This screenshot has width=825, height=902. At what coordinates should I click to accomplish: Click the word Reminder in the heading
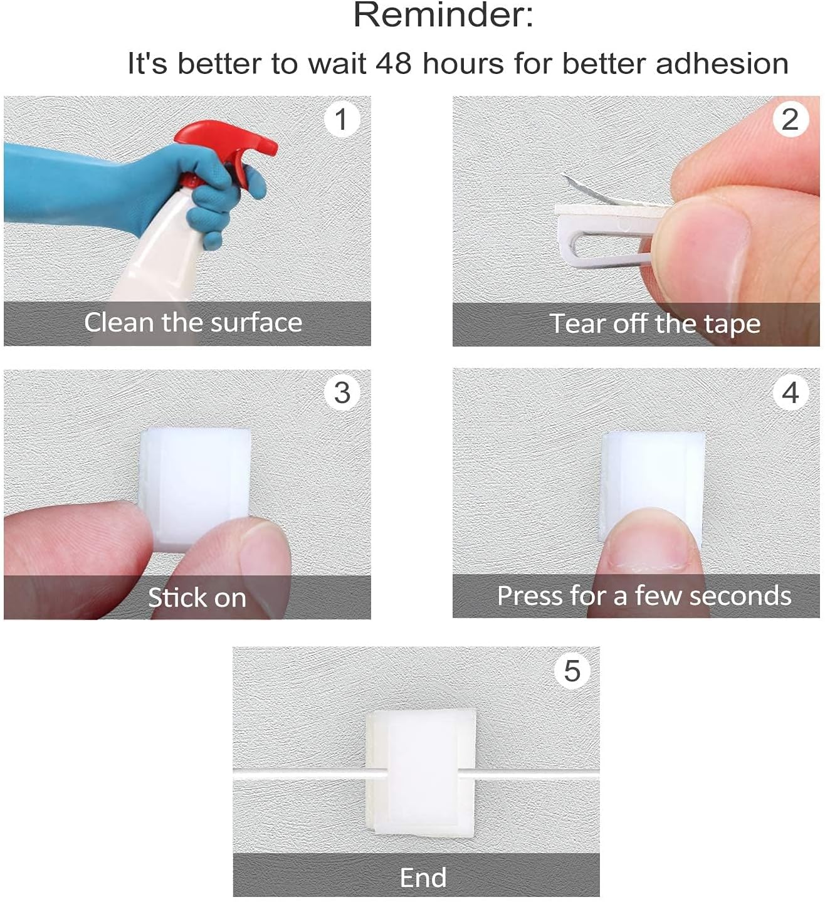pyautogui.click(x=443, y=15)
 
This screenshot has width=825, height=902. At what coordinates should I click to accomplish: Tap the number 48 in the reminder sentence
pyautogui.click(x=394, y=63)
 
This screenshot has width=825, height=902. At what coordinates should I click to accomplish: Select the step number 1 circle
pyautogui.click(x=342, y=119)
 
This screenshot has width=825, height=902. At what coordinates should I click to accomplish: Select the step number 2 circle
pyautogui.click(x=790, y=119)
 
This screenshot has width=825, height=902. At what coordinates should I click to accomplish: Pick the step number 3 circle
pyautogui.click(x=342, y=393)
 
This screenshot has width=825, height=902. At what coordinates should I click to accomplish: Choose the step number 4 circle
pyautogui.click(x=790, y=393)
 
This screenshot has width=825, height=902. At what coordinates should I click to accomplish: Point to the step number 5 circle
pyautogui.click(x=572, y=671)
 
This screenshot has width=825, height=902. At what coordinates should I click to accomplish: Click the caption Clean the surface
pyautogui.click(x=193, y=322)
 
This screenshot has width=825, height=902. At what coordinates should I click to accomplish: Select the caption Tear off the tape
pyautogui.click(x=654, y=323)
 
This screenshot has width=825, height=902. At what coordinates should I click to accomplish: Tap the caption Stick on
pyautogui.click(x=197, y=597)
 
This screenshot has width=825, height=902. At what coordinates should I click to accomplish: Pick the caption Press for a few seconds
pyautogui.click(x=644, y=595)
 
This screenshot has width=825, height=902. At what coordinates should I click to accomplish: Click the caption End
pyautogui.click(x=423, y=878)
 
